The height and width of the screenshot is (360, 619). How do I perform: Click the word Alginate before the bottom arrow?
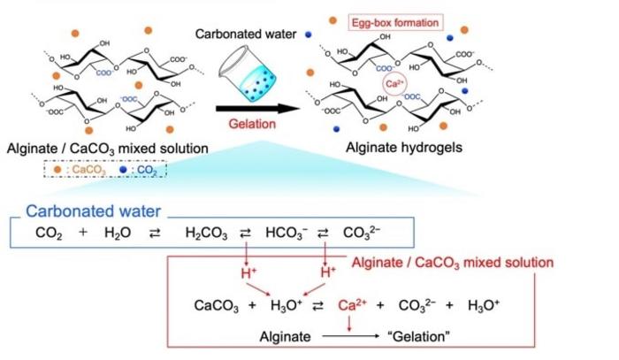[285, 336]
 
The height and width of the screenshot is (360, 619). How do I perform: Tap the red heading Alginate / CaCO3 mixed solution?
[453, 263]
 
